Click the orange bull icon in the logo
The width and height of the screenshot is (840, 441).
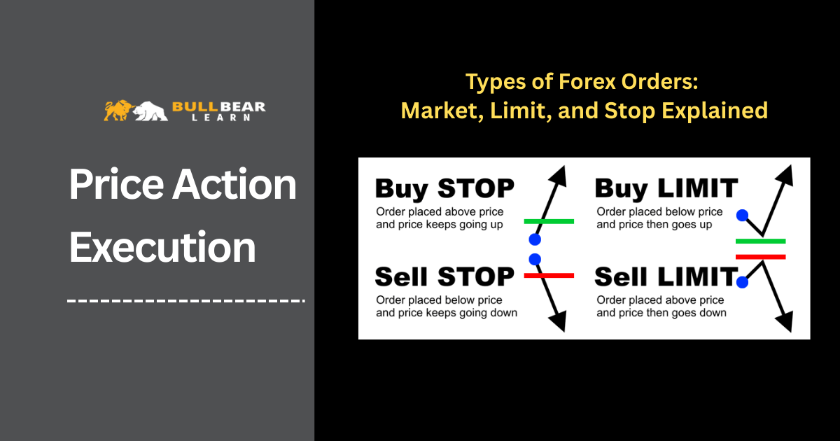[x=119, y=111]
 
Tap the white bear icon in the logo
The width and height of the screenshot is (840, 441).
[x=150, y=111]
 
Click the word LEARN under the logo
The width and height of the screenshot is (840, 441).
[x=221, y=118]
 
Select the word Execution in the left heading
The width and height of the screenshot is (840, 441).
[x=162, y=247]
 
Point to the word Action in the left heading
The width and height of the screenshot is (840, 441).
[x=234, y=184]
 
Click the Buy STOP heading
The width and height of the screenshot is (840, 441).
[x=444, y=188]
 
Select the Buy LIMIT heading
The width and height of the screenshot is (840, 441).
[x=666, y=188]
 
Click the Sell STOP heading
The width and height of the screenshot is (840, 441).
[x=444, y=276]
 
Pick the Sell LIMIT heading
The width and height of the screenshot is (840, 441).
[x=666, y=276]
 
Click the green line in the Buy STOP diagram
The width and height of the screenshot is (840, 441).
[x=549, y=221]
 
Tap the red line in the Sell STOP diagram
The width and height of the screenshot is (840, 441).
[x=549, y=276]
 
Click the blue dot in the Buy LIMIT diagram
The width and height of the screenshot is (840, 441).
[x=742, y=216]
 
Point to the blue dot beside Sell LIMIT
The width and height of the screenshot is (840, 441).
[x=742, y=282]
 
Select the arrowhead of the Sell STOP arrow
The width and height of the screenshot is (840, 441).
[x=558, y=322]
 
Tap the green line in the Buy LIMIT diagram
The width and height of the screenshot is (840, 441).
[x=760, y=241]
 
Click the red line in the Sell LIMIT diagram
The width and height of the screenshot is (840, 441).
[x=760, y=257]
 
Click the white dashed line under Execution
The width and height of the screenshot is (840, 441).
[x=186, y=301]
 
